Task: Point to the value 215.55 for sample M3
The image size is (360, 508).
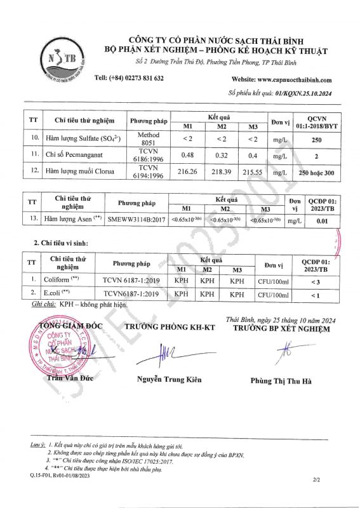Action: coord(253,172)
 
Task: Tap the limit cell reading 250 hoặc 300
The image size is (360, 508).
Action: coord(316,172)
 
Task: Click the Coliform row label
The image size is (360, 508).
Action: coord(62,279)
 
